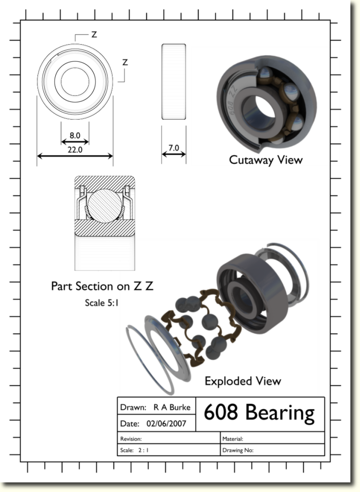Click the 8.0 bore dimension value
point(75,135)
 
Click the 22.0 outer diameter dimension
point(75,150)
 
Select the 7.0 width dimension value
point(174,148)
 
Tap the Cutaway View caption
point(265,160)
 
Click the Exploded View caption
point(243,381)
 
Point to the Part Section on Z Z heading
point(102,286)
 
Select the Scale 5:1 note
point(102,303)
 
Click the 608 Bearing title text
point(259,413)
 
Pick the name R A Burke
point(172,407)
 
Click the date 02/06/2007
point(166,424)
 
